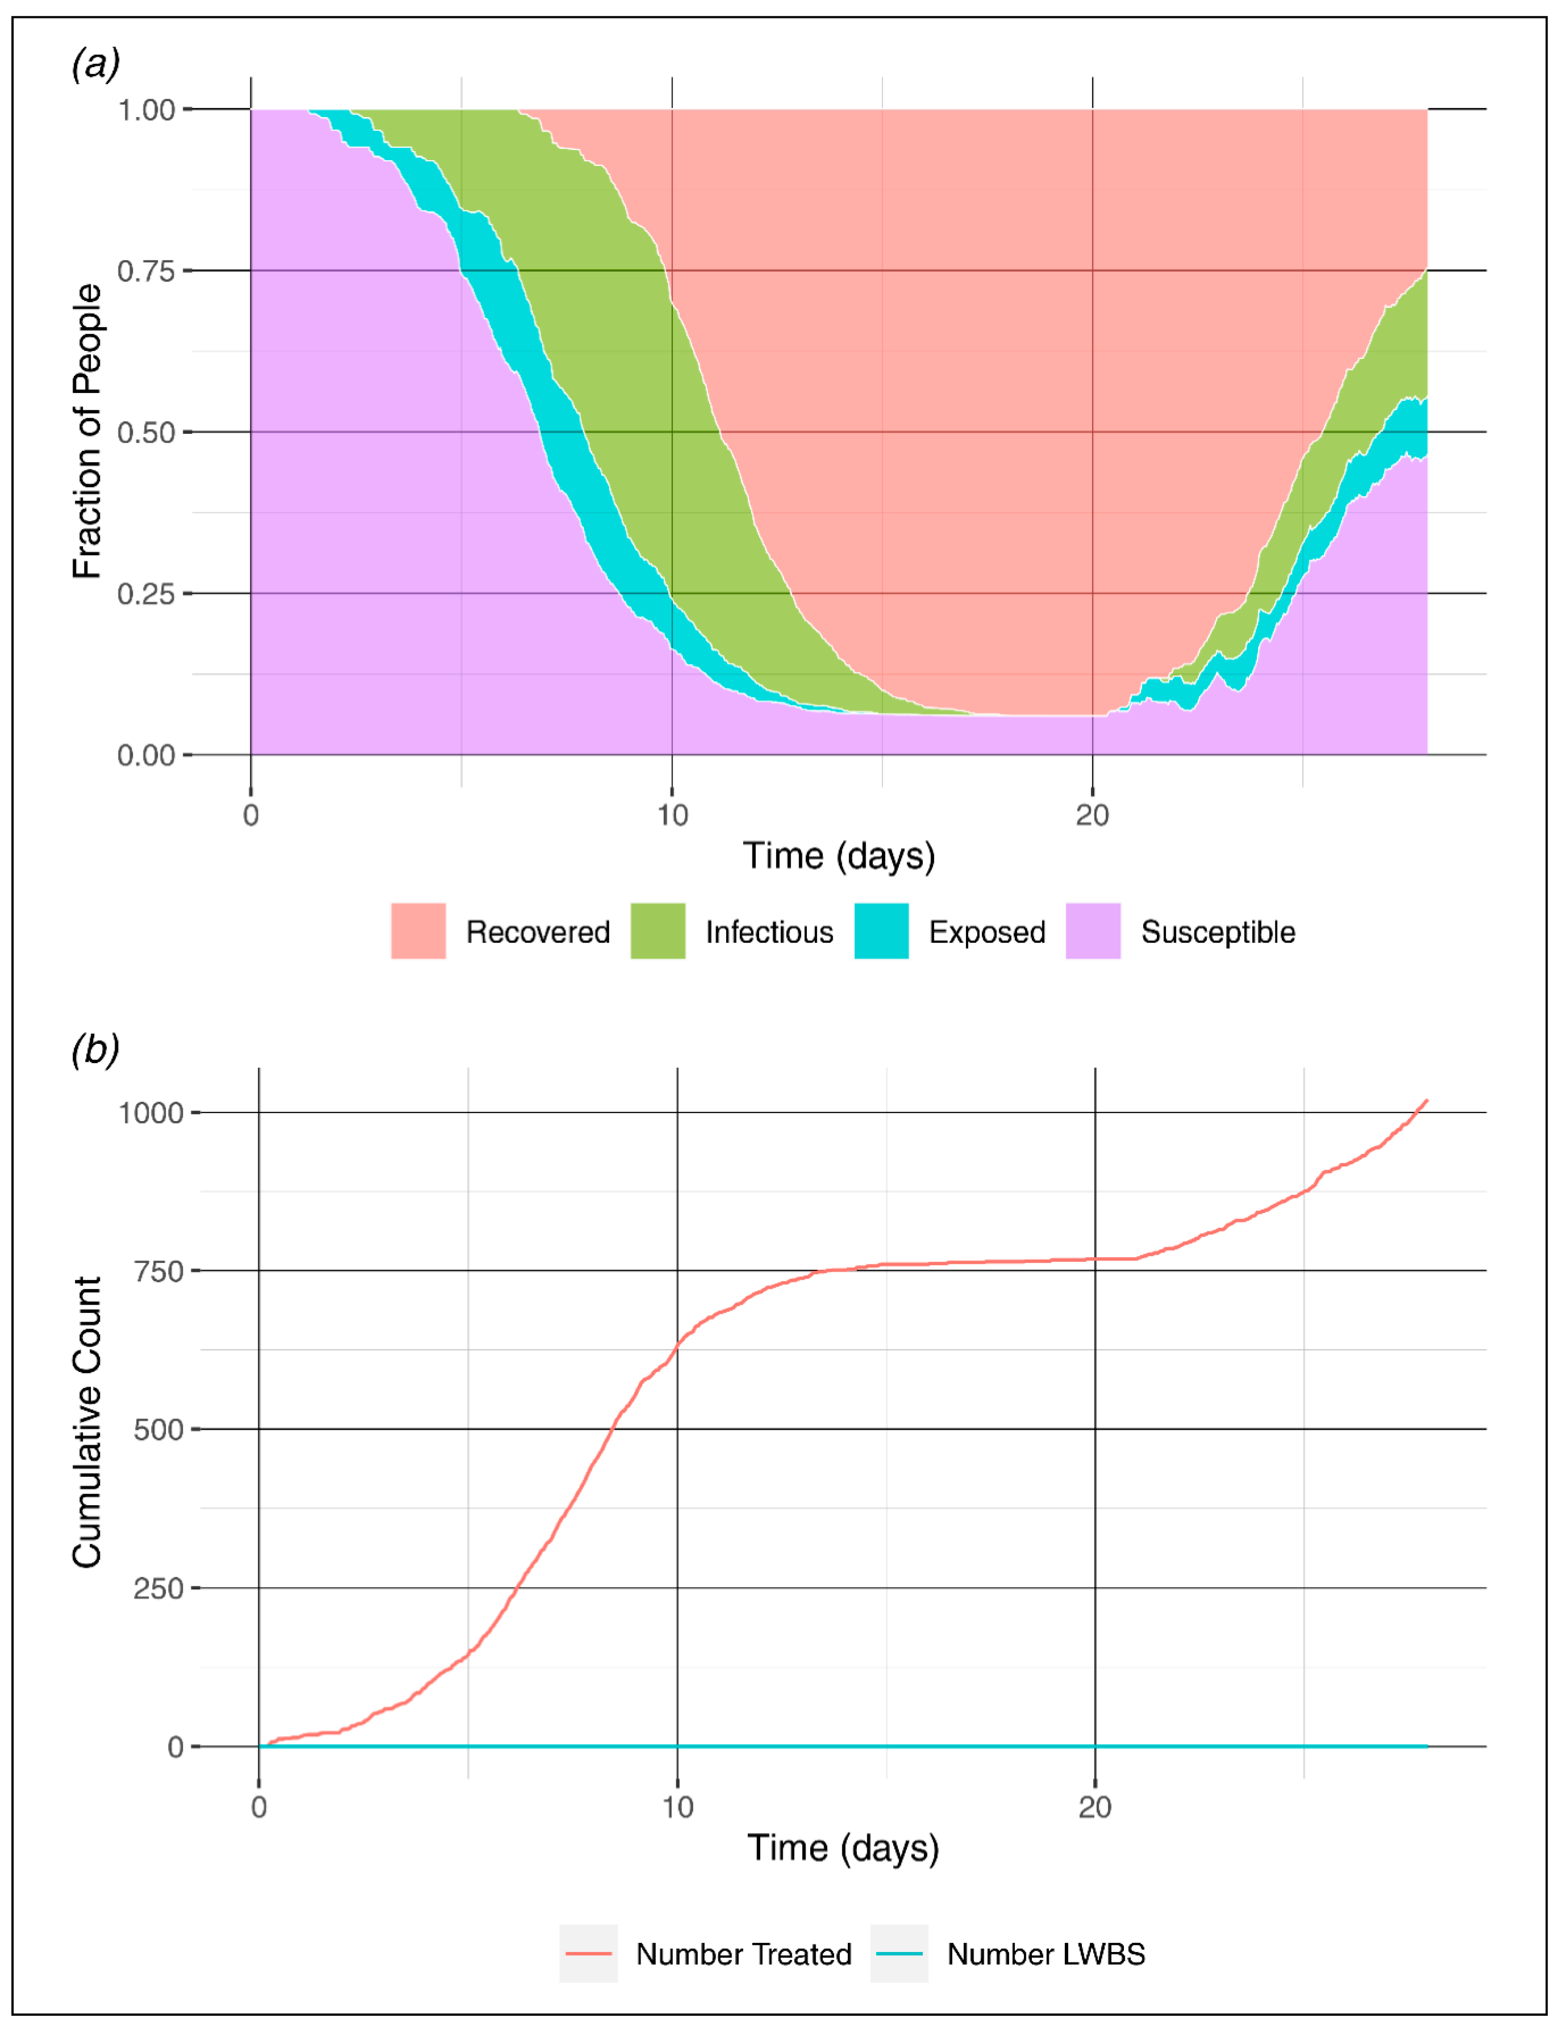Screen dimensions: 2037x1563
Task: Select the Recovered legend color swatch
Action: (x=418, y=931)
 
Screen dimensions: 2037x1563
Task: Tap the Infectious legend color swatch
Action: (x=658, y=931)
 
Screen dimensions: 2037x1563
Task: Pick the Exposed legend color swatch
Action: (x=881, y=931)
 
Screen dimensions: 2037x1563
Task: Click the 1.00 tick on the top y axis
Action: (x=146, y=110)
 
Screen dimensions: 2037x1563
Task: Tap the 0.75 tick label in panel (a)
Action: (x=146, y=271)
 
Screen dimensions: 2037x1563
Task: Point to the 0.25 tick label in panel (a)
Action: (x=146, y=594)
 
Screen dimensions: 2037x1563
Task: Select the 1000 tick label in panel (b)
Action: (x=151, y=1113)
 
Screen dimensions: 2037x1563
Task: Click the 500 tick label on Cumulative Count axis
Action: (x=158, y=1429)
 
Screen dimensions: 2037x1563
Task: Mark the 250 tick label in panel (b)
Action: (x=158, y=1587)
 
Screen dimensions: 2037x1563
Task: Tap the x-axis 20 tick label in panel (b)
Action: (x=1095, y=1807)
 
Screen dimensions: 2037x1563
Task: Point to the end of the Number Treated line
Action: (x=1426, y=1101)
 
